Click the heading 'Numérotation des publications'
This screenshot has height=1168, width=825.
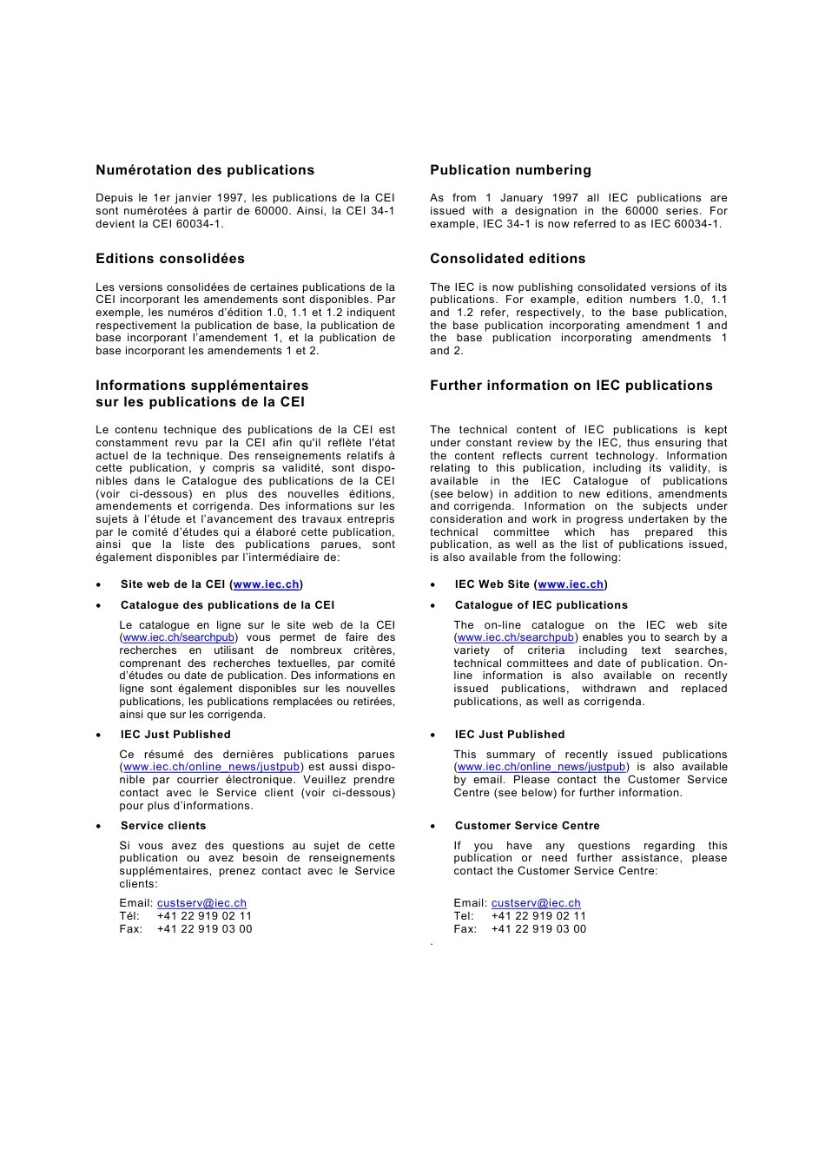[205, 170]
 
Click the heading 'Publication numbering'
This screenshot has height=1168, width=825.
[511, 170]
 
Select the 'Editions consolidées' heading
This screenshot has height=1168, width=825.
[170, 259]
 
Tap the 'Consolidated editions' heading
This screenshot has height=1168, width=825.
[508, 259]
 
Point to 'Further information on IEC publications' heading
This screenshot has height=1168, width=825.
[571, 386]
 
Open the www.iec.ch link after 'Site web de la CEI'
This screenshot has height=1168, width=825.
[267, 584]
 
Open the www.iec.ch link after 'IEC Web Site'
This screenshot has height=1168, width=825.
[571, 584]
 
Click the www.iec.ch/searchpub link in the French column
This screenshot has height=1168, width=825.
[179, 637]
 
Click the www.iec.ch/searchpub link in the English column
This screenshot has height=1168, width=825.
[516, 637]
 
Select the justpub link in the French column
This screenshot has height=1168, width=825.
[212, 767]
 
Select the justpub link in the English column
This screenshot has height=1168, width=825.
[542, 767]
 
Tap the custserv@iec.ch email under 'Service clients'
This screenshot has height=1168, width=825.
[201, 903]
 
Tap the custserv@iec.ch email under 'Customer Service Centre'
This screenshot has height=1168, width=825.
[536, 903]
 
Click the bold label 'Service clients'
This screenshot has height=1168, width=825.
[163, 826]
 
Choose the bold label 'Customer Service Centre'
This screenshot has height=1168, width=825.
[527, 826]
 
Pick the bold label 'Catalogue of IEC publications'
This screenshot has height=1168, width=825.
[541, 605]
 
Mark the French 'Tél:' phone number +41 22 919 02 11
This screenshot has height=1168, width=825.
[204, 916]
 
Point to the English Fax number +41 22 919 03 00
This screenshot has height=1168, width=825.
[538, 929]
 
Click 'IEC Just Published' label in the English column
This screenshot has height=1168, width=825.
[510, 735]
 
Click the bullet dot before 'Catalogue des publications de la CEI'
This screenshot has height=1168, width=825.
[99, 606]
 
